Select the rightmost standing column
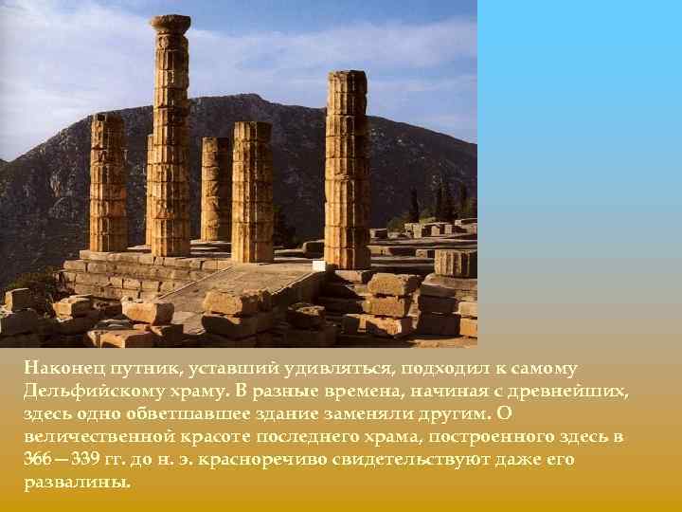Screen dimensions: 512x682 [347, 171]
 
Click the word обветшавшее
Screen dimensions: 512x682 [177, 413]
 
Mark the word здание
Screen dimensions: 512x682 [274, 413]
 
